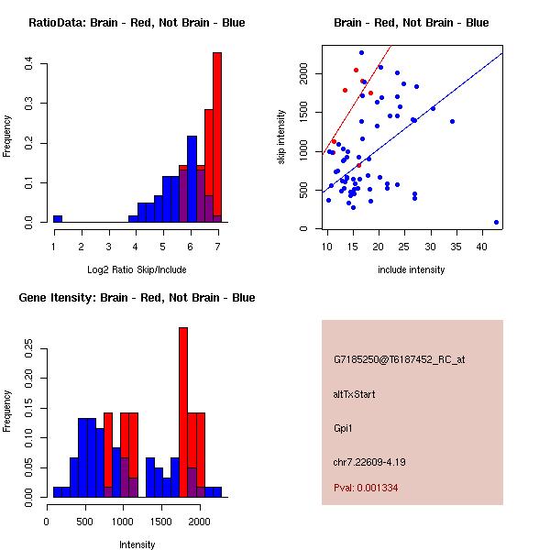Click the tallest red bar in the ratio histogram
click(x=217, y=137)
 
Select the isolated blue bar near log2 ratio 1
click(x=58, y=219)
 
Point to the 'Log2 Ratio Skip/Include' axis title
click(x=137, y=269)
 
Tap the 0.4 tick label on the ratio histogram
click(x=30, y=64)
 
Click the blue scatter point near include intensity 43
click(x=496, y=222)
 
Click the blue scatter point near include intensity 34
click(x=452, y=121)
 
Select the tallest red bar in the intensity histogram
click(x=183, y=412)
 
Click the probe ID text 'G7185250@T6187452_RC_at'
click(x=399, y=359)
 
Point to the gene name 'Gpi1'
click(x=343, y=428)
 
